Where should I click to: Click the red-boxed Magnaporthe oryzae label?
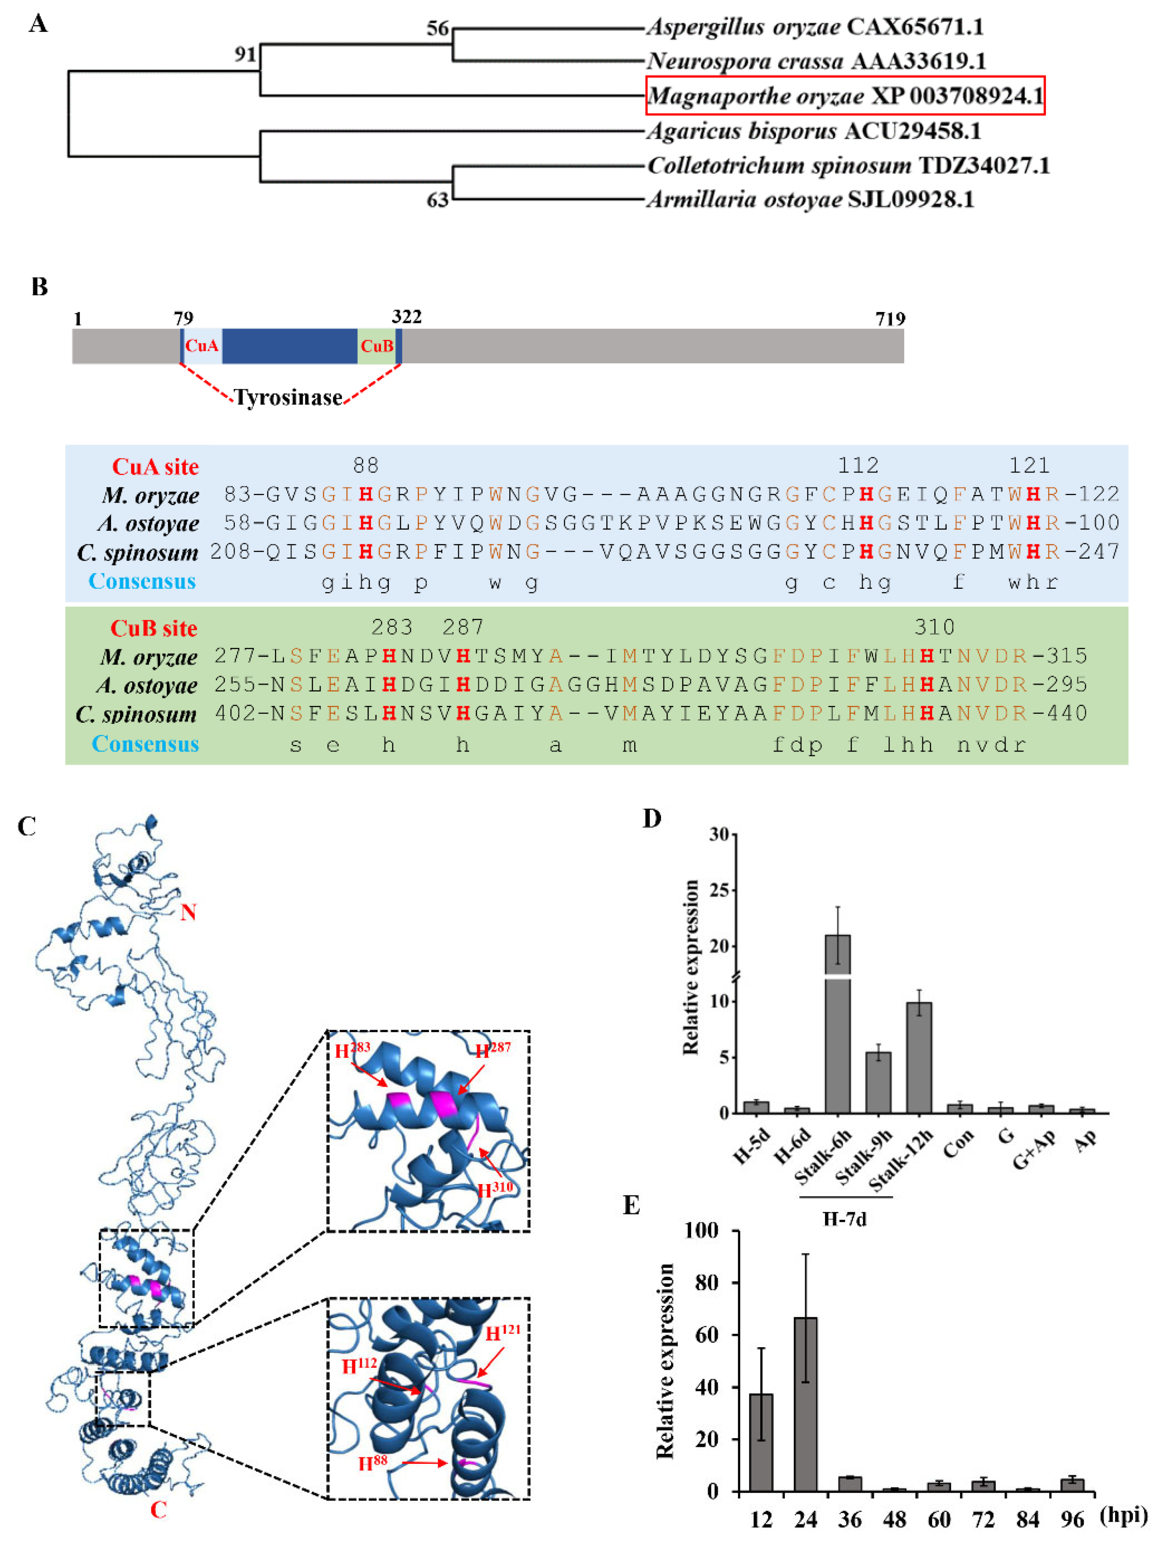(x=844, y=95)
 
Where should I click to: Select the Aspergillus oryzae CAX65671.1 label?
(x=814, y=27)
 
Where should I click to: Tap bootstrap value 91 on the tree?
(x=245, y=54)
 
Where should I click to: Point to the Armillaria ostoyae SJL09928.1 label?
(x=810, y=200)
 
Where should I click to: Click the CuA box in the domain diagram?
(x=202, y=346)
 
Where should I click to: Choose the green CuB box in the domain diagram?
(x=376, y=346)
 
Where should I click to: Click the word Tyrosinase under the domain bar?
(x=288, y=397)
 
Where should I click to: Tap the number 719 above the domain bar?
(x=890, y=319)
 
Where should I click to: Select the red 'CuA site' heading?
(x=155, y=466)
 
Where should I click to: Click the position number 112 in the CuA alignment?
(x=858, y=465)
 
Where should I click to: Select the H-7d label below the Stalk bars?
(x=844, y=1219)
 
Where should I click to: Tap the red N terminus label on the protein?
(x=187, y=912)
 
